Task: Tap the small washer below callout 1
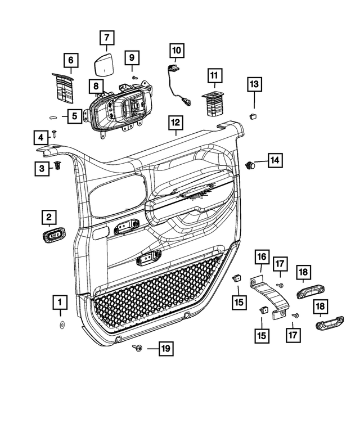point(61,326)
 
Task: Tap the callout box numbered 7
point(106,38)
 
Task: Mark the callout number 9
point(132,57)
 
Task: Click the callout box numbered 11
point(214,75)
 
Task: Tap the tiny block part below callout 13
point(253,116)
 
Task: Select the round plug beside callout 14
point(250,165)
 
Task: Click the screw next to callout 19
point(137,349)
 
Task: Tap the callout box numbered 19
point(165,349)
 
